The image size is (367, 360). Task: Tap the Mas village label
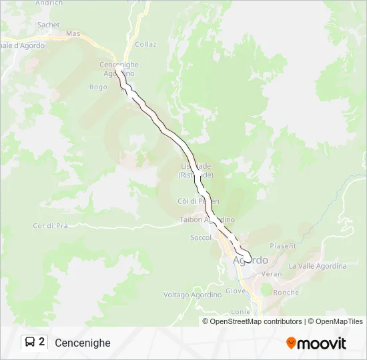click(x=73, y=33)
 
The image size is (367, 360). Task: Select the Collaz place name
click(x=145, y=45)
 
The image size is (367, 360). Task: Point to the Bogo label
click(x=97, y=87)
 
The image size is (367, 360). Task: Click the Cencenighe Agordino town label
click(x=119, y=69)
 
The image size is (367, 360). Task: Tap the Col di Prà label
click(x=51, y=226)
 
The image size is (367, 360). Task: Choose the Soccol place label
click(x=200, y=237)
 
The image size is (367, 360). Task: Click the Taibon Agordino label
click(x=207, y=219)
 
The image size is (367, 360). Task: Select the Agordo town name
click(x=250, y=260)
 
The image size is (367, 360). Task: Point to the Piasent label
click(x=283, y=246)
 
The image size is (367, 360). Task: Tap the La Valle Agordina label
click(x=318, y=266)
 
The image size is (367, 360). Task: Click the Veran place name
click(x=272, y=274)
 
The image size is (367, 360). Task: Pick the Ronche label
click(x=286, y=293)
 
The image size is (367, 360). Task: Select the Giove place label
click(x=236, y=291)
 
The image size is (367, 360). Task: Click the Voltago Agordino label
click(x=192, y=295)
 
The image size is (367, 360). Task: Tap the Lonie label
click(x=240, y=311)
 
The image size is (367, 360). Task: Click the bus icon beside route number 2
click(x=30, y=343)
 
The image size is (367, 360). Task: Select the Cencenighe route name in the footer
click(x=83, y=343)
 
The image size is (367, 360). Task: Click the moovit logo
click(x=316, y=343)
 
